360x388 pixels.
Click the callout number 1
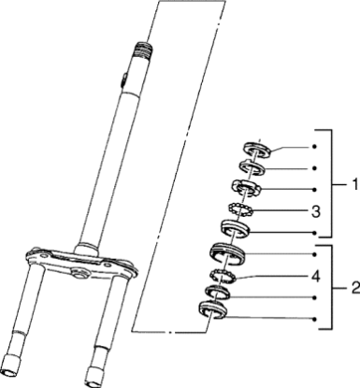(354, 184)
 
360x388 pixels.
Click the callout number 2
(354, 288)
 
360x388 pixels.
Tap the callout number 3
(316, 211)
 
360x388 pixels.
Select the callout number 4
(316, 276)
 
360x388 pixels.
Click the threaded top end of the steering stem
(143, 49)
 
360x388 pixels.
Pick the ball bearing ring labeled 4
(223, 275)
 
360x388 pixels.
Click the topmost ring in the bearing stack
(257, 150)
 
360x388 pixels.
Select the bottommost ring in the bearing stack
(212, 309)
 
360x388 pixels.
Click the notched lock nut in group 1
(247, 188)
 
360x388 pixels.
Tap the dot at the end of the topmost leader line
(314, 147)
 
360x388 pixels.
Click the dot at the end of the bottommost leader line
(314, 319)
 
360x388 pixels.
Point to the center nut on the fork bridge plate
(79, 273)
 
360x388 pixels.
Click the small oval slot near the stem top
(123, 79)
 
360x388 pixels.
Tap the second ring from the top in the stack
(252, 167)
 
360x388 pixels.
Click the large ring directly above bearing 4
(227, 253)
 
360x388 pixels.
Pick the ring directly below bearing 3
(236, 229)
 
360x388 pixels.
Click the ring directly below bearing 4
(219, 293)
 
